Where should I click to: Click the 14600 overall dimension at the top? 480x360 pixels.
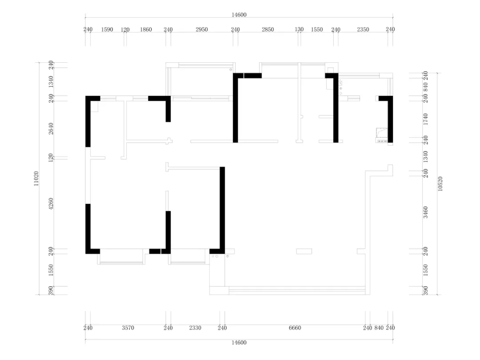[x=239, y=15]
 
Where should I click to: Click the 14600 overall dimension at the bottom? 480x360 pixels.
[x=239, y=343]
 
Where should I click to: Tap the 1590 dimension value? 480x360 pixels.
[x=107, y=29]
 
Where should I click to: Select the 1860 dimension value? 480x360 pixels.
[x=146, y=29]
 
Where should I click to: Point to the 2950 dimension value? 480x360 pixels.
[x=202, y=29]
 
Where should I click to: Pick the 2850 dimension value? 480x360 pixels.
[x=268, y=29]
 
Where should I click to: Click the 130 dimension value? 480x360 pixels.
[x=299, y=29]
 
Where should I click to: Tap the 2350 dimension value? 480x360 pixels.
[x=363, y=29]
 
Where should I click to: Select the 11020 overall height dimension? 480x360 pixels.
[x=36, y=179]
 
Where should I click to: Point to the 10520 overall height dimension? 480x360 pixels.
[x=440, y=184]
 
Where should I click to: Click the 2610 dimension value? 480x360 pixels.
[x=51, y=128]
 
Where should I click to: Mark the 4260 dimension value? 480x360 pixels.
[x=51, y=204]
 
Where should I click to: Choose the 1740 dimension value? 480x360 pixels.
[x=425, y=119]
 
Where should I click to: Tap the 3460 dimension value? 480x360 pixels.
[x=425, y=212]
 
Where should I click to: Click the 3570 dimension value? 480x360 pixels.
[x=128, y=328]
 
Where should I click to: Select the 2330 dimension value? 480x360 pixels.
[x=195, y=328]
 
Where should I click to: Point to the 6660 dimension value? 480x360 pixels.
[x=295, y=328]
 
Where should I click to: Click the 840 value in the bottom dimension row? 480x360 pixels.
[x=379, y=328]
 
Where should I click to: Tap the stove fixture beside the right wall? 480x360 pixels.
[x=382, y=136]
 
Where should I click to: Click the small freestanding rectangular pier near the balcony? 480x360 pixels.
[x=304, y=251]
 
